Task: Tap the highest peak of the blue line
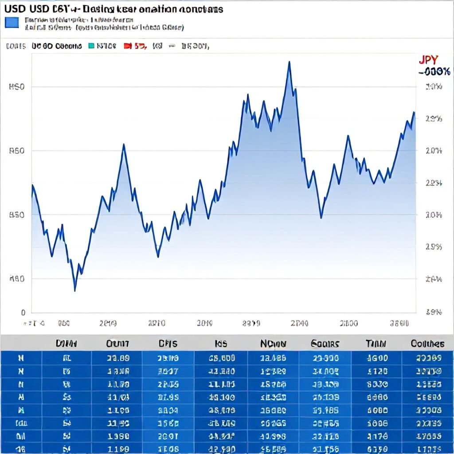pyautogui.click(x=289, y=62)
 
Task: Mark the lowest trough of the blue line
pyautogui.click(x=74, y=290)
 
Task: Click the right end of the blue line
pyautogui.click(x=414, y=112)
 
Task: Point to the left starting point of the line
pyautogui.click(x=32, y=185)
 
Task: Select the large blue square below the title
pyautogui.click(x=12, y=22)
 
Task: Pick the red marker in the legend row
pyautogui.click(x=127, y=46)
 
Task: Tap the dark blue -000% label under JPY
pyautogui.click(x=434, y=71)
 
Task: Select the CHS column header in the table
pyautogui.click(x=168, y=344)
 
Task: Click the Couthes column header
pyautogui.click(x=427, y=344)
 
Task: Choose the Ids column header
pyautogui.click(x=221, y=344)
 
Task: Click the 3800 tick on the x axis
pyautogui.click(x=399, y=324)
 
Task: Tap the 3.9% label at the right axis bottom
pyautogui.click(x=434, y=312)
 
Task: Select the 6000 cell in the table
pyautogui.click(x=378, y=411)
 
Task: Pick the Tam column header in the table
pyautogui.click(x=376, y=344)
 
